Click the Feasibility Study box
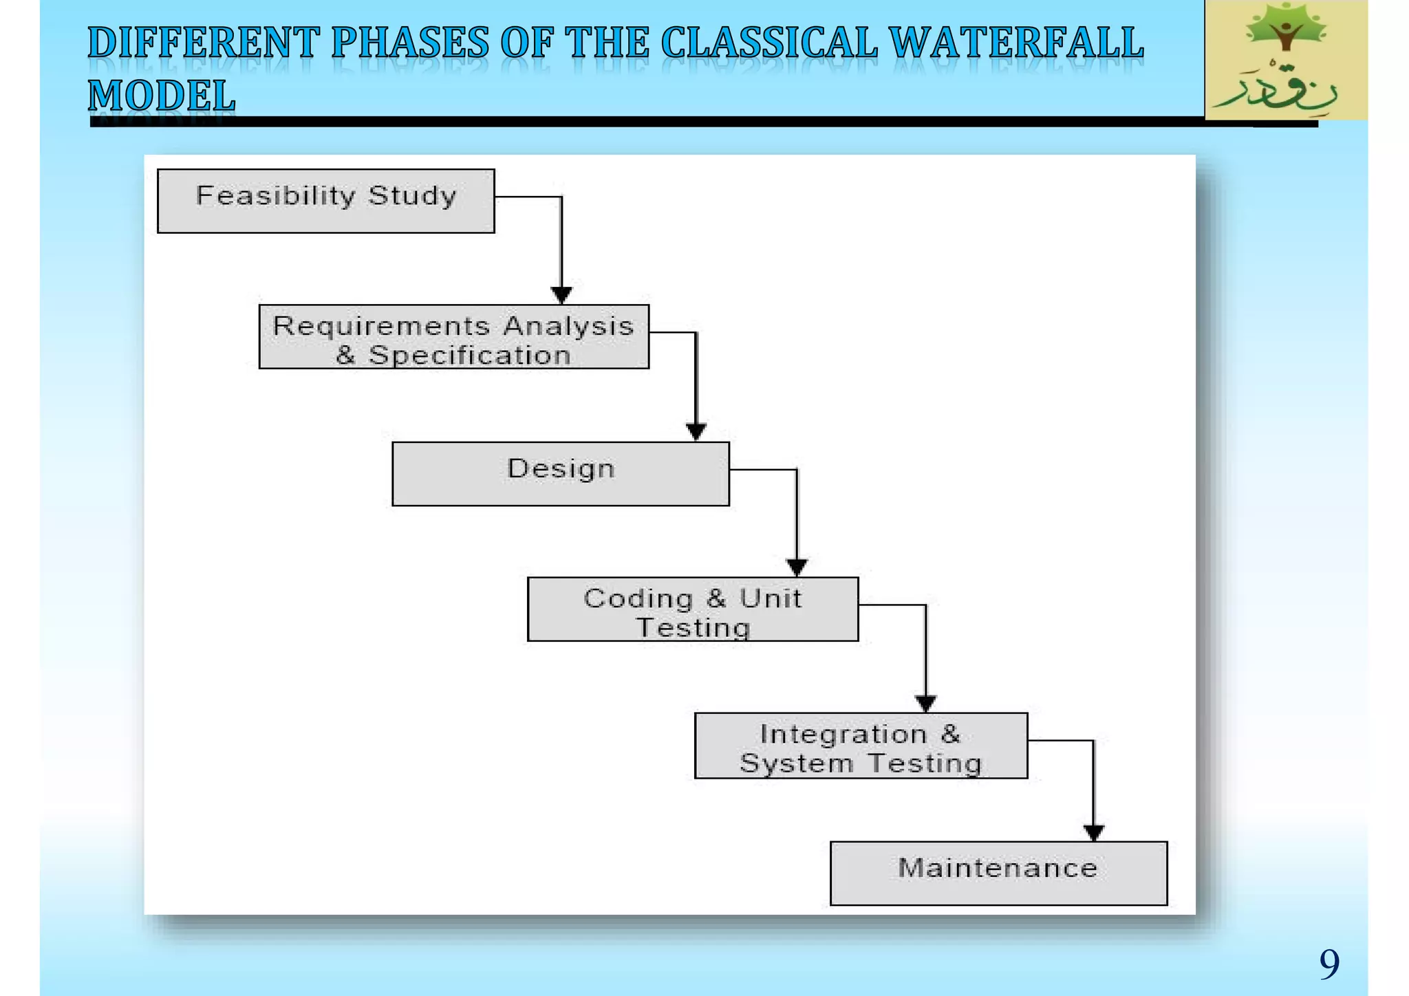pyautogui.click(x=325, y=201)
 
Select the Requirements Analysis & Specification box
pyautogui.click(x=453, y=337)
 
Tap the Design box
pyautogui.click(x=560, y=474)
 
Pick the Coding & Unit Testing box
pyautogui.click(x=692, y=609)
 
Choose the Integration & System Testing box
pyautogui.click(x=861, y=746)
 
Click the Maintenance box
pyautogui.click(x=998, y=873)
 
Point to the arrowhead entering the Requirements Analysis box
pyautogui.click(x=561, y=295)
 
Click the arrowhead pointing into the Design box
pyautogui.click(x=696, y=432)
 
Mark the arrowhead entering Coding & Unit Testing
pyautogui.click(x=797, y=567)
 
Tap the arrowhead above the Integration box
pyautogui.click(x=925, y=704)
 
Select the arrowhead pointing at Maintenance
pyautogui.click(x=1094, y=832)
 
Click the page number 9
pyautogui.click(x=1329, y=964)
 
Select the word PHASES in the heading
pyautogui.click(x=410, y=43)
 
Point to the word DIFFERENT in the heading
pyautogui.click(x=204, y=43)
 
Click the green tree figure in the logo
pyautogui.click(x=1285, y=29)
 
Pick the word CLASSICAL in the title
pyautogui.click(x=769, y=43)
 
